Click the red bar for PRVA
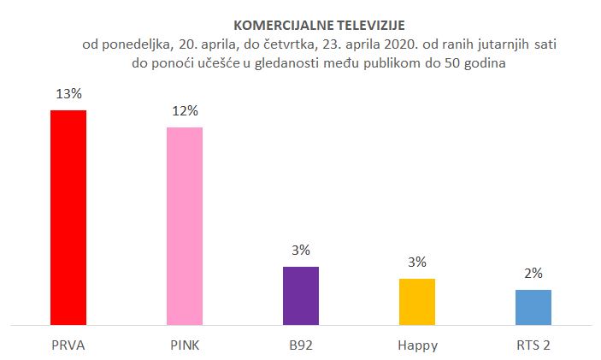pos(68,217)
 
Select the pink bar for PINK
pos(185,226)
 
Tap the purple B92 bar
pos(301,295)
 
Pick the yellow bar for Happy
pos(417,301)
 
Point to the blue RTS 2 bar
pos(533,307)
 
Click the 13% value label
pos(68,93)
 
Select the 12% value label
pos(185,110)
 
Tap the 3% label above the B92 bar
pos(301,250)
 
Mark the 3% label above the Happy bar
pos(417,262)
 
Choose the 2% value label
pos(533,273)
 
